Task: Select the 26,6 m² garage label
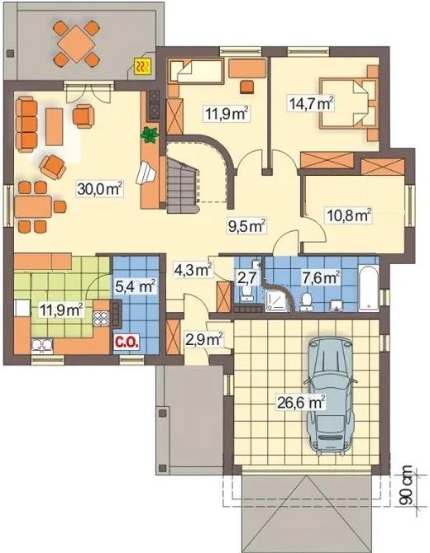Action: tap(301, 402)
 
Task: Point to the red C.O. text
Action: tap(126, 342)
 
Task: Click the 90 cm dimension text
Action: tap(408, 487)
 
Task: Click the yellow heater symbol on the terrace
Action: tap(143, 66)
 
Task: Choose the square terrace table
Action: tap(77, 44)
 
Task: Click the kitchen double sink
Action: tap(42, 345)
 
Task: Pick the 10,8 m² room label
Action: tap(349, 216)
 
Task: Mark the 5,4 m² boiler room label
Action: tap(136, 286)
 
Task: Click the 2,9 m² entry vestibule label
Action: tap(204, 339)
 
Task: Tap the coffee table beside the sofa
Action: tap(54, 126)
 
